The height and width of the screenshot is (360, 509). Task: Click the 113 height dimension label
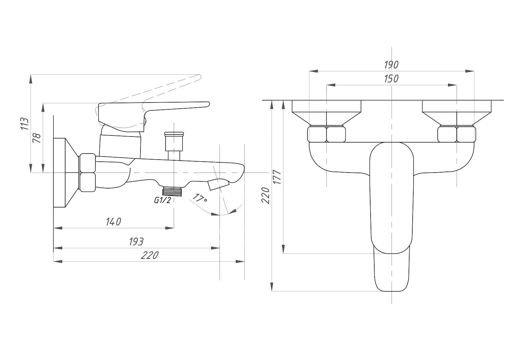point(25,124)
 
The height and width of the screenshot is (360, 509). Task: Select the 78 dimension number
point(37,138)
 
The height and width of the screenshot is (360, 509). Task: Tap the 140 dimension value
point(113,222)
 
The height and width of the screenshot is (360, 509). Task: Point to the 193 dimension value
point(136,242)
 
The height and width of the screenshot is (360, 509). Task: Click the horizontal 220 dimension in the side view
point(150,255)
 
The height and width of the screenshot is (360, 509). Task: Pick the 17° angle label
point(200,198)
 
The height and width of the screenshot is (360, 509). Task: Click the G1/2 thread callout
point(163,200)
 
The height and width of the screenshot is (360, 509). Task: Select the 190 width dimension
point(391,65)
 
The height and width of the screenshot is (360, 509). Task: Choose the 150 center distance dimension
point(391,79)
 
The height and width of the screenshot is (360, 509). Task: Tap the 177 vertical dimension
point(277,177)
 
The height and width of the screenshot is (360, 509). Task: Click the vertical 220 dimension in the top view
point(265,195)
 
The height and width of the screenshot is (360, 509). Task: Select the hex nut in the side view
point(87,173)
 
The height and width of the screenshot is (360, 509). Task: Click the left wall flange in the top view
point(326,113)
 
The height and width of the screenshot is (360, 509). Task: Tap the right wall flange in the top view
point(457,113)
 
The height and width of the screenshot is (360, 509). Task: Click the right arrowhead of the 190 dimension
point(470,71)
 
